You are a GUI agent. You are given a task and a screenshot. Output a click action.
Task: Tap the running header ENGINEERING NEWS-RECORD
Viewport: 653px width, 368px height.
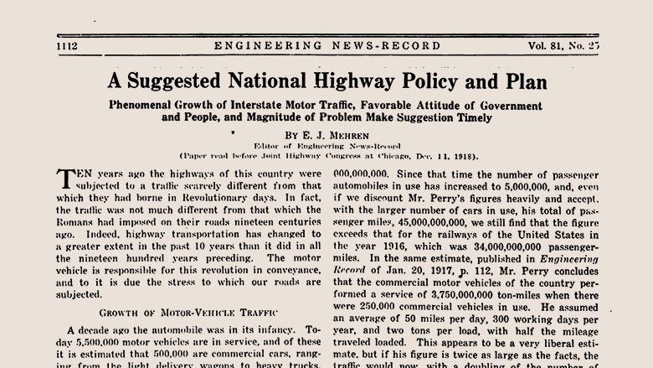click(x=326, y=45)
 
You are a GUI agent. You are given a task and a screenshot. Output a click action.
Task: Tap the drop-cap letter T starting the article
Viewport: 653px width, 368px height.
click(x=67, y=179)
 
